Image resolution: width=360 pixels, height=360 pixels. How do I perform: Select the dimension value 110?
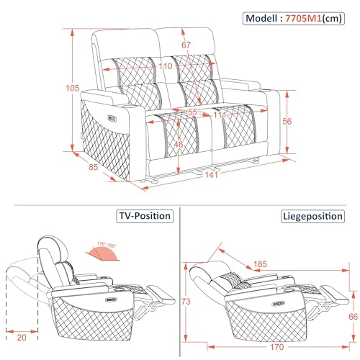[x=166, y=66]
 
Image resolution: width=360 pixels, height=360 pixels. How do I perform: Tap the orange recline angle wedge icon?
[x=104, y=251]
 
